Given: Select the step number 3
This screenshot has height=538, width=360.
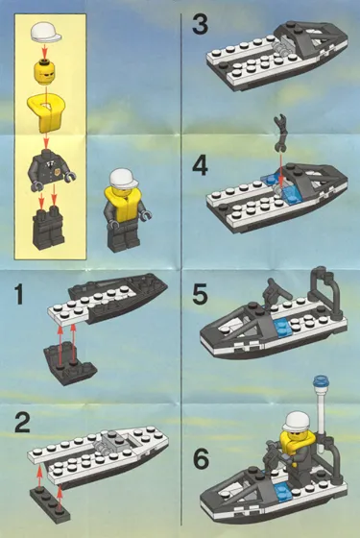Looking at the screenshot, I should click(x=200, y=23).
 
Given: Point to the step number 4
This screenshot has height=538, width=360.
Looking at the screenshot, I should click(x=200, y=164).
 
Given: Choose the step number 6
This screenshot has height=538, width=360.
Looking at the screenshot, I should click(x=200, y=459).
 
